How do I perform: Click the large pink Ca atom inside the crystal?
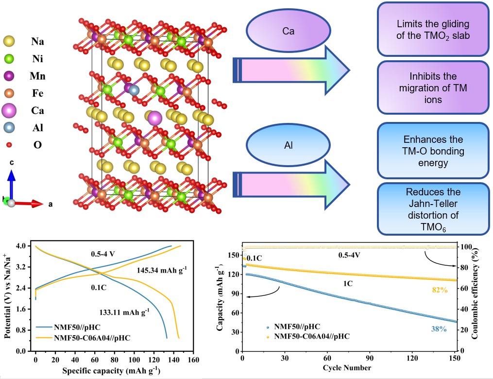click(x=155, y=118)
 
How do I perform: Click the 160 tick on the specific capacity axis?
click(x=193, y=360)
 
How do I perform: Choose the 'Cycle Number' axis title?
click(x=349, y=368)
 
